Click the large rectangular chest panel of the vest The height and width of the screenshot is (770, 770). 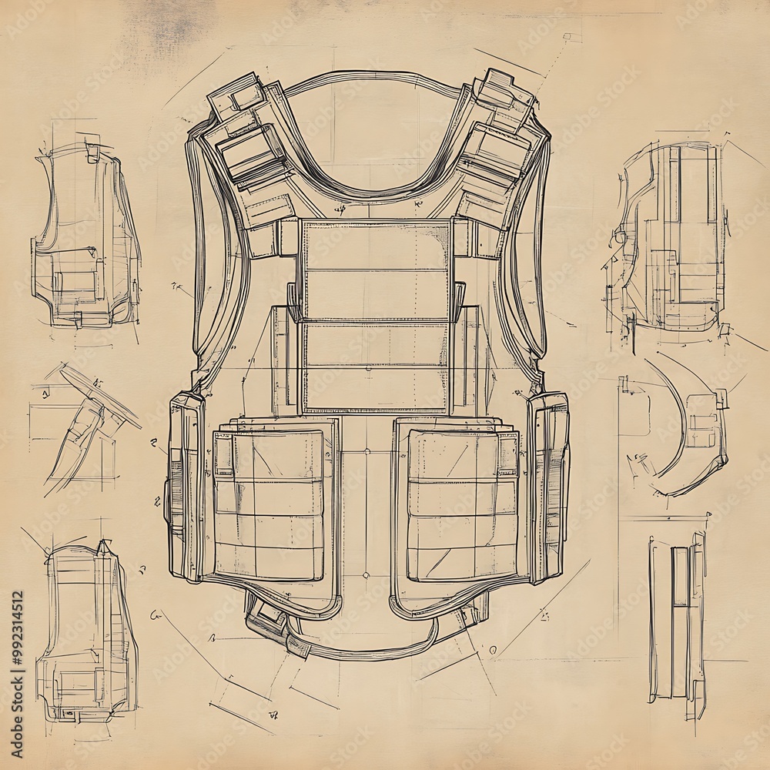[377, 316]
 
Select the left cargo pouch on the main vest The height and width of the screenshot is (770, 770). [269, 504]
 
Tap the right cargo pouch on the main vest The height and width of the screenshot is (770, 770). [463, 504]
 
